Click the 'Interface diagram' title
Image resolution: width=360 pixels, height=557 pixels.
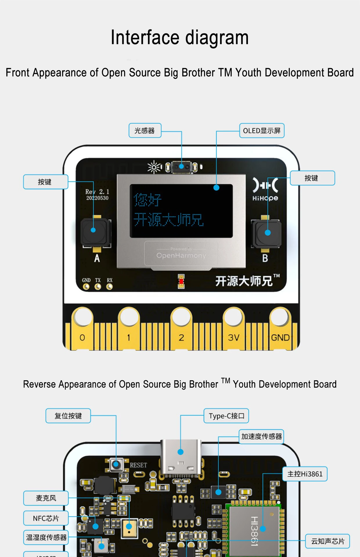(180, 38)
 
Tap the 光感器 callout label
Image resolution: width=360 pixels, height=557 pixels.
(145, 131)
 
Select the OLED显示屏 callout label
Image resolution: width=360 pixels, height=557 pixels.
(262, 131)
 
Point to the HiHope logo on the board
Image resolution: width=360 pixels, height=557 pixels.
(265, 189)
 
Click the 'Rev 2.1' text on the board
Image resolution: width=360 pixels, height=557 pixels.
(97, 192)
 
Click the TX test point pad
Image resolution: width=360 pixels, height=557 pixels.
(98, 287)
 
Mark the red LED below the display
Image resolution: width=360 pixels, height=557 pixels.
(181, 281)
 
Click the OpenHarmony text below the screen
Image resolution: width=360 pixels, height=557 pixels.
(181, 256)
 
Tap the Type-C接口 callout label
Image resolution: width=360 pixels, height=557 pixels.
(226, 416)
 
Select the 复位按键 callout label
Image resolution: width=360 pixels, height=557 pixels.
(68, 416)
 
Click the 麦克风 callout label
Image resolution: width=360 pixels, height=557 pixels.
(46, 498)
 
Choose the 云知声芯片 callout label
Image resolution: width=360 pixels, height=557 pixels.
(327, 541)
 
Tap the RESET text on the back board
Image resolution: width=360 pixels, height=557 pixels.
(138, 465)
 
